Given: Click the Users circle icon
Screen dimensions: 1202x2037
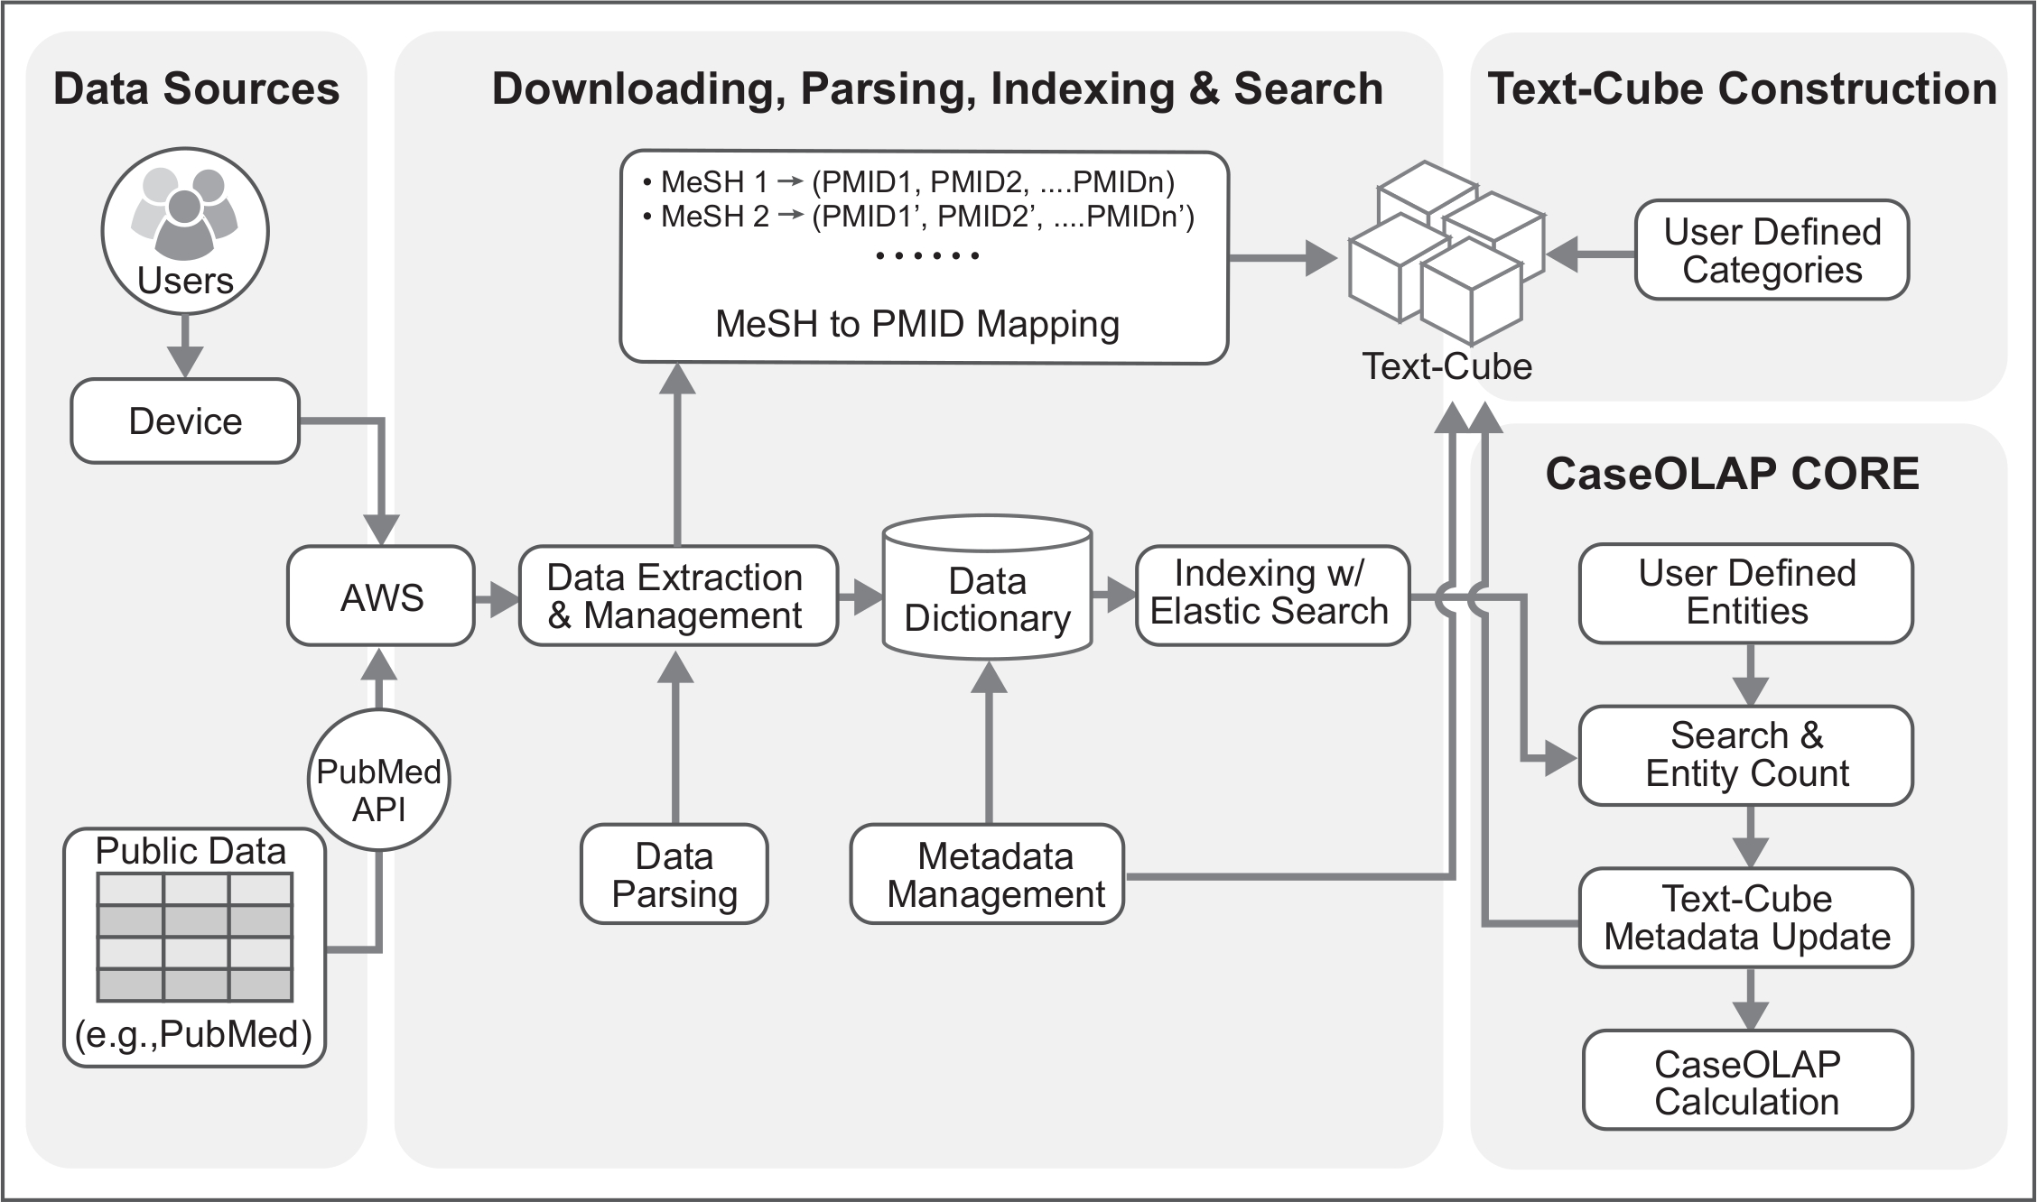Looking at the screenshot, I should (x=185, y=231).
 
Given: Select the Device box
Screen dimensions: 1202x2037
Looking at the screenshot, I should (x=185, y=421).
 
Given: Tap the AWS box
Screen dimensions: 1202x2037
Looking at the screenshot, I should (x=381, y=596).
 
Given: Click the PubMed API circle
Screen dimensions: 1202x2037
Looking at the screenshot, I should (x=379, y=781).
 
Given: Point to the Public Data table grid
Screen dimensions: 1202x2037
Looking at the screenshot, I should (x=195, y=938).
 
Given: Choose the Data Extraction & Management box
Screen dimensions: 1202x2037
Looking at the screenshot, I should (x=678, y=596).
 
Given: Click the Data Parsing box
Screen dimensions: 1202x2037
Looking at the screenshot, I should (x=674, y=874).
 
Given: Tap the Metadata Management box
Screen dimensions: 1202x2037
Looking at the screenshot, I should (x=988, y=874).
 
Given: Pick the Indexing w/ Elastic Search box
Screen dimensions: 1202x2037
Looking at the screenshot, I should (x=1272, y=595).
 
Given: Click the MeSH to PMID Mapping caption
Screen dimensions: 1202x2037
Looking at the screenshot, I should (x=917, y=324).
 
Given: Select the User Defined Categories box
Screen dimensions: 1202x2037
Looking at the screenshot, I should (x=1772, y=250).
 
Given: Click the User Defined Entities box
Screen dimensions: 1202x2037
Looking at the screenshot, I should (x=1746, y=593).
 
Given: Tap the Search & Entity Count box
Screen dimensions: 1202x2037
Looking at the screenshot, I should (x=1746, y=755).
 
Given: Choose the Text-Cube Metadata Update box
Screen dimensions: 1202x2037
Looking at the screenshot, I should (x=1746, y=918).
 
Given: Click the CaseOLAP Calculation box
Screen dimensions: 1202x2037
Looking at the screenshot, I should (x=1748, y=1081).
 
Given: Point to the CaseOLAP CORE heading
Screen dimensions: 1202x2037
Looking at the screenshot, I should (x=1732, y=474).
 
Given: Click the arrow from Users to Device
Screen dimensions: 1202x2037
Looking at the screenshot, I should (x=185, y=347).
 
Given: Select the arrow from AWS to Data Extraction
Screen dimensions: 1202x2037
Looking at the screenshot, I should (x=497, y=597).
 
